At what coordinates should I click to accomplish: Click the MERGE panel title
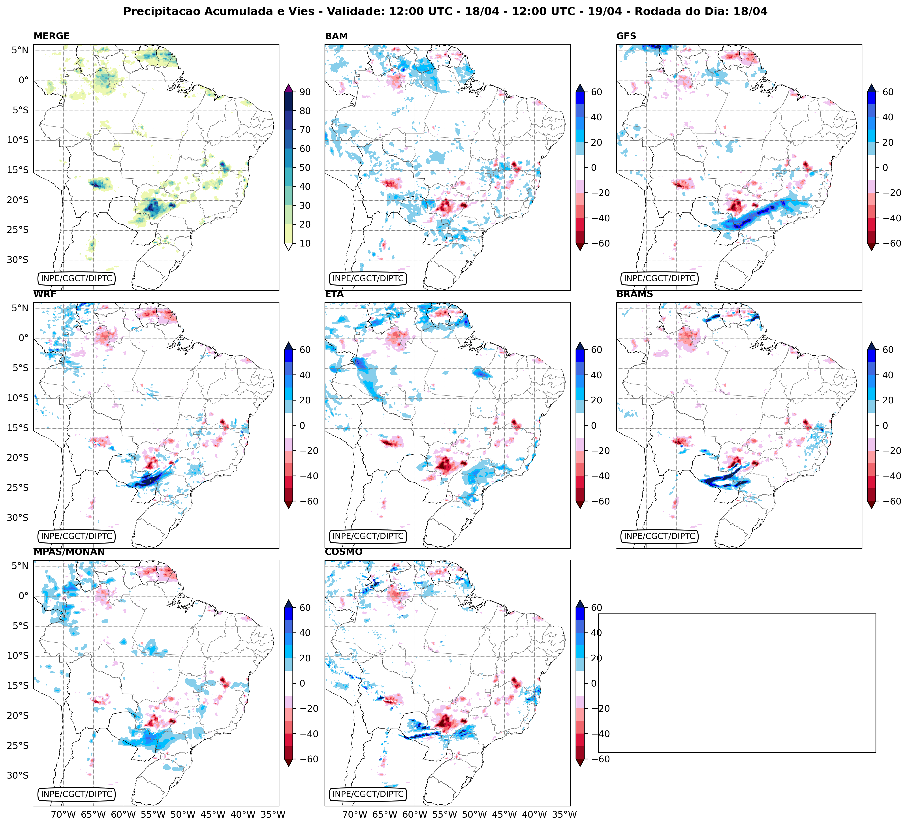[x=51, y=36]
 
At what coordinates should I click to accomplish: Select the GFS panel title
[x=626, y=36]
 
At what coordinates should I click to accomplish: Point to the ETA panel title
[x=334, y=294]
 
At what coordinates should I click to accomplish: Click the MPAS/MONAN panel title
[x=69, y=552]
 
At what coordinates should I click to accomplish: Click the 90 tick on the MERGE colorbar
[x=305, y=92]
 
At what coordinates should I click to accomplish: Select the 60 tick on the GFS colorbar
[x=888, y=92]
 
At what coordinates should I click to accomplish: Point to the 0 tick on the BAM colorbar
[x=594, y=167]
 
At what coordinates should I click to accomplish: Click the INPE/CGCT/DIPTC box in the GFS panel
[x=659, y=278]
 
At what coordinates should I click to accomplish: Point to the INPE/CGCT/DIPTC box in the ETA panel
[x=368, y=536]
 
